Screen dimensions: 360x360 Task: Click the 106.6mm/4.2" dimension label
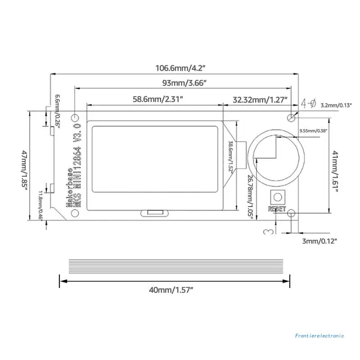[x=180, y=68]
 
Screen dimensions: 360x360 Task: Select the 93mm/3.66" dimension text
[x=184, y=83]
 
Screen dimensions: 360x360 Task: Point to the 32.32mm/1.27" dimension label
[x=260, y=99]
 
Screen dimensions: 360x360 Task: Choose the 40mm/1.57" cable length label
[x=171, y=289]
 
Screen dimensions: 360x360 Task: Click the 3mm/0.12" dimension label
[x=319, y=241]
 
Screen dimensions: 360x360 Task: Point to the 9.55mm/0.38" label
[x=313, y=131]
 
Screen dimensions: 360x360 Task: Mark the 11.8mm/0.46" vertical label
[x=40, y=204]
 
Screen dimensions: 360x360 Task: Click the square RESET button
[x=277, y=197]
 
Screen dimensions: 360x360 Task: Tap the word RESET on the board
[x=276, y=208]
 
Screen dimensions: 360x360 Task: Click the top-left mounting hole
[x=75, y=116]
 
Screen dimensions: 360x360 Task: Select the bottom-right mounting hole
[x=292, y=213]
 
